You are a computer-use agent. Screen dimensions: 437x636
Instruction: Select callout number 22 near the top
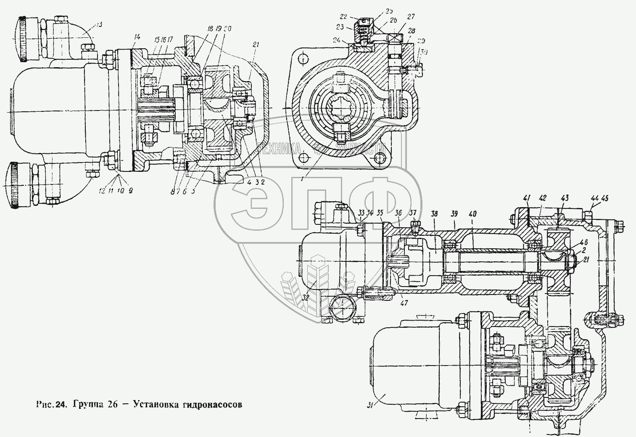coord(343,17)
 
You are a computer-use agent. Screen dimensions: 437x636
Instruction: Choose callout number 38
coord(434,213)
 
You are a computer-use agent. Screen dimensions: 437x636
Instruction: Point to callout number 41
coord(527,197)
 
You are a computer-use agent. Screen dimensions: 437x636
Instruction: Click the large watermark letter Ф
coord(370,206)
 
